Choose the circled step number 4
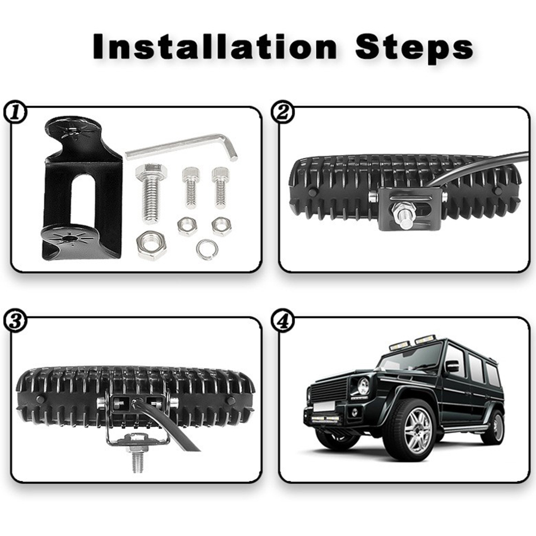282,321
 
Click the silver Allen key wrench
181,148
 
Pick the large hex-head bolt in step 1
151,191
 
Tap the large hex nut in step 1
151,245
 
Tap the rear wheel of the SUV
494,427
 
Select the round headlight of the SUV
363,386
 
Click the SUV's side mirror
452,366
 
